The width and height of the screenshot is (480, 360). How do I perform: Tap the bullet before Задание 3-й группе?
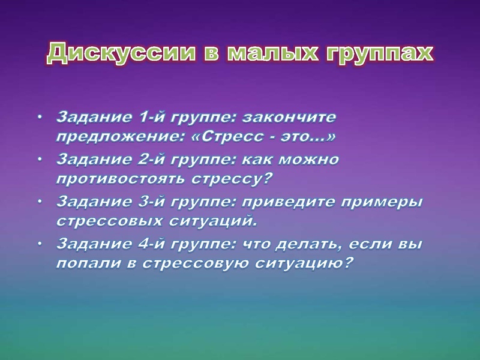coord(40,201)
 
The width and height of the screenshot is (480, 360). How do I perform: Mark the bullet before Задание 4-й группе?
coord(40,244)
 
